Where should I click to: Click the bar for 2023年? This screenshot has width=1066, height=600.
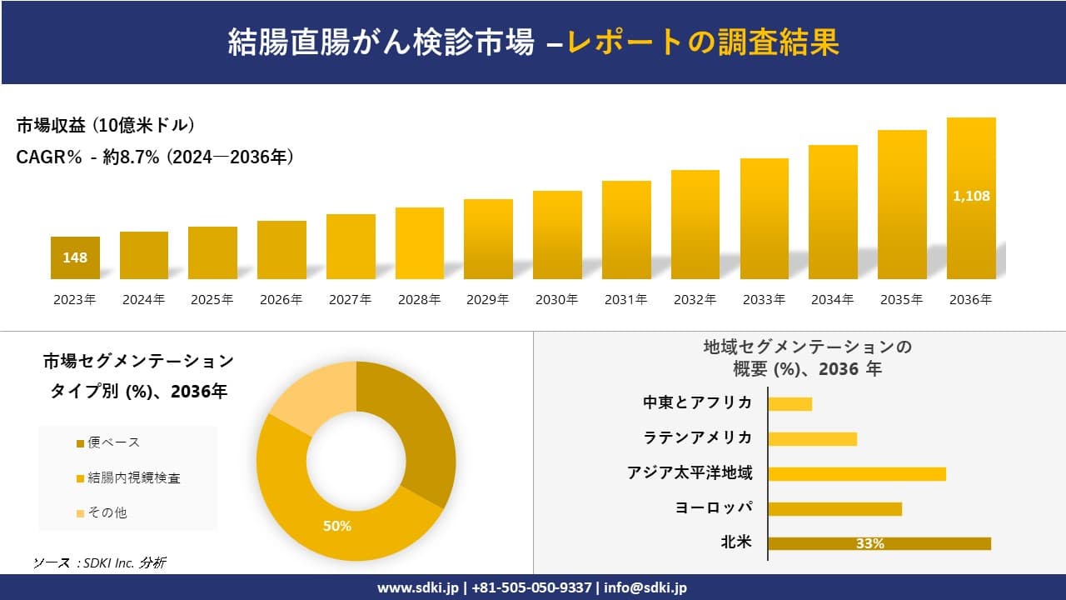tap(75, 257)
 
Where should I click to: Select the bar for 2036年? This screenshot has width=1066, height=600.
tap(971, 198)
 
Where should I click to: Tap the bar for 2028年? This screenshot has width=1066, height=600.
tap(420, 243)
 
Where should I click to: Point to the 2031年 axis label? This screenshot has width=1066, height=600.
tap(625, 300)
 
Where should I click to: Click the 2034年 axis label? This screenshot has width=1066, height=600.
tap(832, 300)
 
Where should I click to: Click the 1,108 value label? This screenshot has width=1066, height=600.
tap(971, 197)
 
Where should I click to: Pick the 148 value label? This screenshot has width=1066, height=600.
tap(75, 257)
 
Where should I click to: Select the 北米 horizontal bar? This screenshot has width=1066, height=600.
tap(879, 543)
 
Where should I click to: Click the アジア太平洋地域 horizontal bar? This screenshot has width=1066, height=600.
tap(857, 473)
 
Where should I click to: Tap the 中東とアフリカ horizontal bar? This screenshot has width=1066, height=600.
tap(790, 403)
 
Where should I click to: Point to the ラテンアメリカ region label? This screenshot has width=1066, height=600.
tap(698, 437)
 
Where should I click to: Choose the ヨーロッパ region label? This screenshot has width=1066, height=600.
tap(714, 507)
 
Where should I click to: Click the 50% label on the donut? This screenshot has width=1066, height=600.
tap(337, 526)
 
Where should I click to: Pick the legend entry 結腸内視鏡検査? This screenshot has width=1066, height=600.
tap(133, 477)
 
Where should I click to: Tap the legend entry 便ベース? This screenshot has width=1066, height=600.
tap(113, 442)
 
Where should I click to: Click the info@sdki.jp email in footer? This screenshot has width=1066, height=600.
tap(646, 587)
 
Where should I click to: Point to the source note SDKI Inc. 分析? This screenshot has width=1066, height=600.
tap(100, 562)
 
